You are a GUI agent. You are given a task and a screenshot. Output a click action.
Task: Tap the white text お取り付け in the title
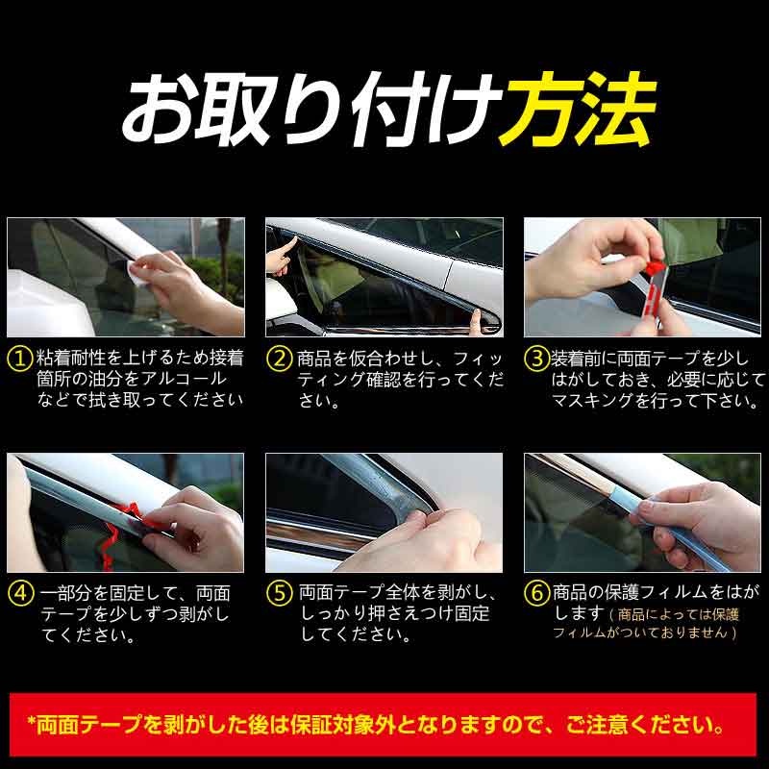click(310, 110)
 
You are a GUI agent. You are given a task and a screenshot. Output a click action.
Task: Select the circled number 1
click(19, 359)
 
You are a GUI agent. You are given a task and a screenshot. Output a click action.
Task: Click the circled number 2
click(280, 359)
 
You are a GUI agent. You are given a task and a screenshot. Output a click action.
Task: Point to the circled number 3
click(537, 359)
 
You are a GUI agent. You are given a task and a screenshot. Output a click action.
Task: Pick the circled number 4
click(20, 593)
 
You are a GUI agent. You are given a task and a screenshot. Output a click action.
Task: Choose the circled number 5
click(280, 593)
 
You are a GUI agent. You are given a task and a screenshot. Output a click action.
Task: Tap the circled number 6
click(537, 593)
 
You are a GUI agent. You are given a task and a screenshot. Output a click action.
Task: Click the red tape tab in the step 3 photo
click(654, 268)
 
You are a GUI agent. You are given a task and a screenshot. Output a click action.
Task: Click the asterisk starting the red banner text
click(32, 721)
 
